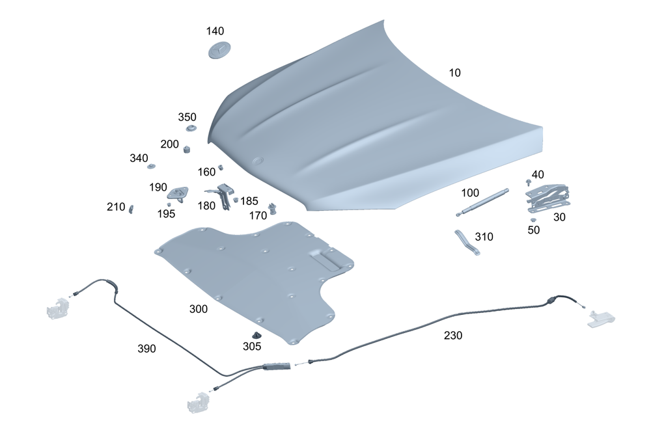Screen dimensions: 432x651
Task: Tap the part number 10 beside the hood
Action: (454, 73)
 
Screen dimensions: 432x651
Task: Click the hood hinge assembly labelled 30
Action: (546, 197)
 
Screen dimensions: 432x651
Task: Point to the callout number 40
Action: (538, 174)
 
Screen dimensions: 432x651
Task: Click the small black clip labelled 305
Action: (256, 335)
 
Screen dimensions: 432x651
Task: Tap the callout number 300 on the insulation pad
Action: (199, 309)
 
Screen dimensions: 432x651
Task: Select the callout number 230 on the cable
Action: (453, 336)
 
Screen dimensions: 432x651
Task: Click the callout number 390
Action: (146, 349)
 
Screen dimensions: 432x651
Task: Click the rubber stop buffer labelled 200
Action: (187, 149)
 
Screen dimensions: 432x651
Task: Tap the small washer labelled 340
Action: (151, 167)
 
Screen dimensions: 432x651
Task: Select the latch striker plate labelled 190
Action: (178, 192)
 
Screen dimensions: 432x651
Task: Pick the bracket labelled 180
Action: (224, 193)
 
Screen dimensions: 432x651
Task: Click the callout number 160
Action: (206, 172)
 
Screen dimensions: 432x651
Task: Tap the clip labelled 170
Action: (273, 208)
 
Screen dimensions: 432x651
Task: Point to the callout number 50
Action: (534, 230)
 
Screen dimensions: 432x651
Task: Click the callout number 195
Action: (166, 213)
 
